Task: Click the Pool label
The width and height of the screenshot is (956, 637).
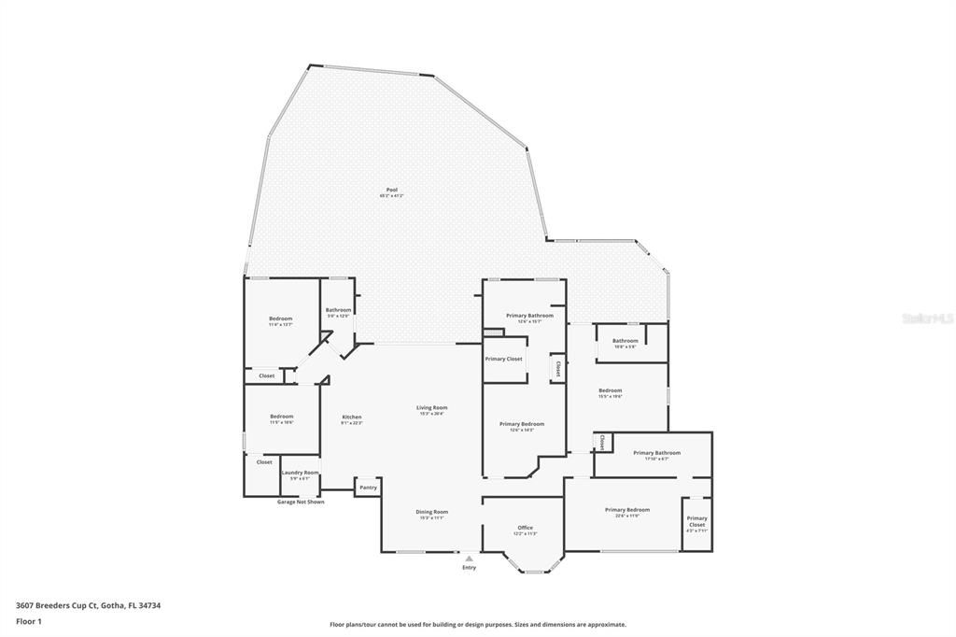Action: click(391, 190)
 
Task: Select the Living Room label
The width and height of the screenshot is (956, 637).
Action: click(431, 407)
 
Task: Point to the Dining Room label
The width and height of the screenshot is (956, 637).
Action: click(431, 511)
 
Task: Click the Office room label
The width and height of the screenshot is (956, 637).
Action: click(525, 528)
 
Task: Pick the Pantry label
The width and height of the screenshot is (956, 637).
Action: click(368, 487)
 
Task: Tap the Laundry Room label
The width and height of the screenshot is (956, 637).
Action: click(300, 473)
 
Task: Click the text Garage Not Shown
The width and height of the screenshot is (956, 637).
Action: click(301, 502)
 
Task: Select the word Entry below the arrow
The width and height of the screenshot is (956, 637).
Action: click(469, 567)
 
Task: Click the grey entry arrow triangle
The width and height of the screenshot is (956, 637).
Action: click(469, 559)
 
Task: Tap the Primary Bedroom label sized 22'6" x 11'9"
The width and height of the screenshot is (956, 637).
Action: click(626, 510)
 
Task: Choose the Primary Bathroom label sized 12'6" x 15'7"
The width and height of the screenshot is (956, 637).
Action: click(529, 316)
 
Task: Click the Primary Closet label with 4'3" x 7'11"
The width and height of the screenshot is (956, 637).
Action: click(696, 521)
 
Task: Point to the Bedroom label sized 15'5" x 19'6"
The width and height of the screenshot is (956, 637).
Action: click(610, 390)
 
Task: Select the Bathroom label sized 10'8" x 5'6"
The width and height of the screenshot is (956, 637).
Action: click(625, 341)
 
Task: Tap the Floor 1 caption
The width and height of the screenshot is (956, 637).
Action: click(29, 620)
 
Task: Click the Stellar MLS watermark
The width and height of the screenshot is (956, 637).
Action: click(927, 318)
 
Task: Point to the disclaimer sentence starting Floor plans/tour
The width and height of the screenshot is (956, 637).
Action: click(477, 625)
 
